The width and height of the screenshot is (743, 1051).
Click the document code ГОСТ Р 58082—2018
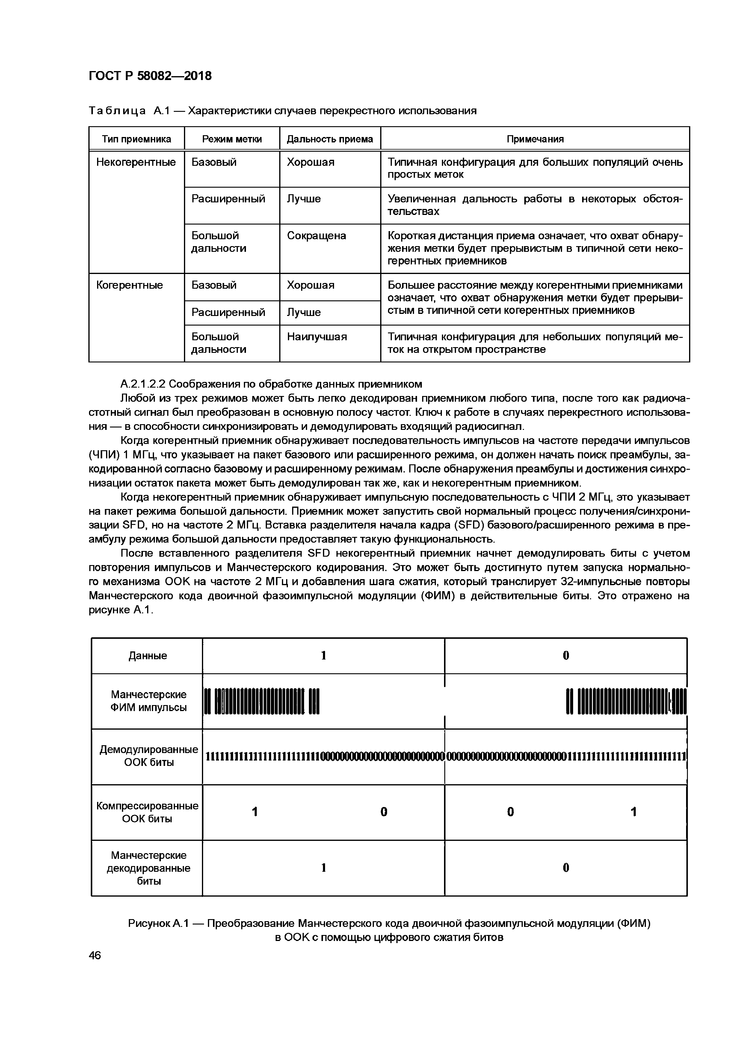coord(150,76)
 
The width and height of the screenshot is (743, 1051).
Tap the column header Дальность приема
coord(330,139)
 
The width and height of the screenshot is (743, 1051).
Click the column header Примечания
coord(535,139)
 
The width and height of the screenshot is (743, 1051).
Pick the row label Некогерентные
coord(136,162)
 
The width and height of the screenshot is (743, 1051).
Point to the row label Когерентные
coord(129,285)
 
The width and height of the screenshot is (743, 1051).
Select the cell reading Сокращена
coord(317,236)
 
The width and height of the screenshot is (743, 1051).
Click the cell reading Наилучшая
coord(317,337)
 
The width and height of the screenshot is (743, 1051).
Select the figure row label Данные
coord(147,656)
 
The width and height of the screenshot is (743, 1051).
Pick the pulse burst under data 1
coord(261,701)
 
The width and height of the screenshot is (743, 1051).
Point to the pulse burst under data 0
coord(626,701)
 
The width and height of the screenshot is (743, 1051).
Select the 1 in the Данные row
coord(324,656)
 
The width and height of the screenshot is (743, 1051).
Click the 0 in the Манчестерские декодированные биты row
coord(566,868)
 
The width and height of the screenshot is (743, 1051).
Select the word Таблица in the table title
coord(117,111)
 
